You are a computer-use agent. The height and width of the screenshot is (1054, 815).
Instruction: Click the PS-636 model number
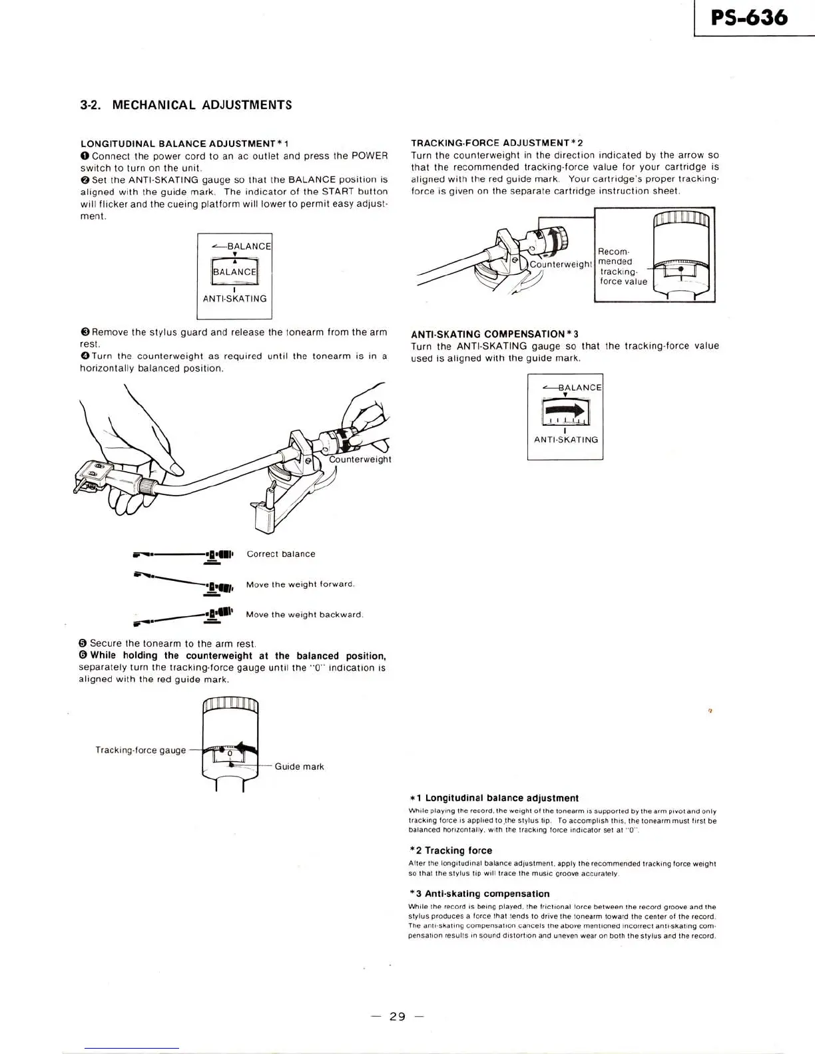(x=749, y=17)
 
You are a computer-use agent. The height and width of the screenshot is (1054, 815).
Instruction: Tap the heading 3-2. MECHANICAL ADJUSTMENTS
(x=186, y=105)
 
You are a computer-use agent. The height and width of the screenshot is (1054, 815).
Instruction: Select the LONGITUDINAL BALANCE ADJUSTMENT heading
(x=184, y=144)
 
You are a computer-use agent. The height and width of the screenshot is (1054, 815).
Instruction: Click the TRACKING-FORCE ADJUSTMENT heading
(x=497, y=143)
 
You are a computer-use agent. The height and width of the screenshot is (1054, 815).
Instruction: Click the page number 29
(x=398, y=1016)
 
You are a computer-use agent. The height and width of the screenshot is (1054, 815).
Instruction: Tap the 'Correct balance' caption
(x=281, y=554)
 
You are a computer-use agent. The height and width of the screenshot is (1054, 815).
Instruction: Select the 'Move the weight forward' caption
(x=300, y=584)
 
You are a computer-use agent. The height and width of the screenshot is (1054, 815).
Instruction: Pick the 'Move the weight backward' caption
(x=304, y=614)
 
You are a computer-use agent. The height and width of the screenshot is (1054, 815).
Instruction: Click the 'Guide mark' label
(x=299, y=767)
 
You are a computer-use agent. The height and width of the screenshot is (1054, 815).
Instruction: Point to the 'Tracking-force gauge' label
(x=140, y=750)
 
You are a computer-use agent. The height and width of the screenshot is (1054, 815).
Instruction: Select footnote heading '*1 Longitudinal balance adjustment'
(x=493, y=798)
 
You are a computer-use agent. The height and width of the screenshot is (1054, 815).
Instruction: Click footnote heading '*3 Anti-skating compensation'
(x=479, y=894)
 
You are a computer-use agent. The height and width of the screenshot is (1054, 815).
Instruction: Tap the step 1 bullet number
(x=85, y=156)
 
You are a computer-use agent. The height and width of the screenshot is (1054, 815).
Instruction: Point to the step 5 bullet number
(x=83, y=643)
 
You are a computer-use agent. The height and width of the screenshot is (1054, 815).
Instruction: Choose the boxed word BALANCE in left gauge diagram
(x=234, y=271)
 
